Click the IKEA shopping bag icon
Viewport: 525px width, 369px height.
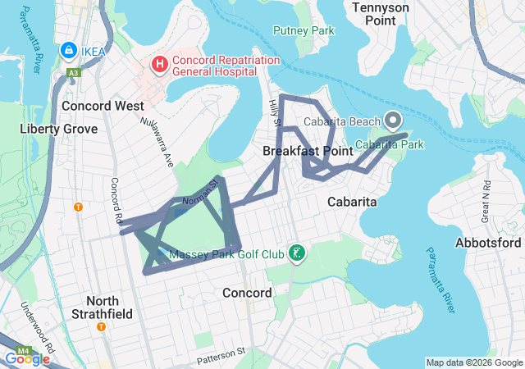point(68,51)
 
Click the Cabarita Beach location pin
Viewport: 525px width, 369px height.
point(393,121)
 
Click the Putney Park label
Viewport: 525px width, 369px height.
point(304,31)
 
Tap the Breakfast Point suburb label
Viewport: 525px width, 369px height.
point(308,151)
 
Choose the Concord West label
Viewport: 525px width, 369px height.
point(103,106)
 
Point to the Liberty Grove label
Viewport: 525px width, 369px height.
point(58,129)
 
